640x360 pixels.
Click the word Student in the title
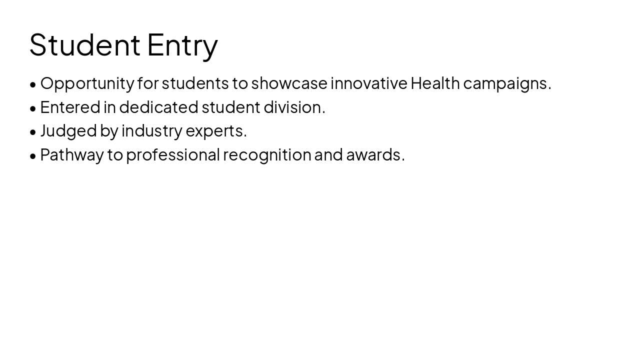[84, 44]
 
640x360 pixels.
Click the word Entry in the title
[182, 45]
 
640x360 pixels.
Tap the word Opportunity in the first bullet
[87, 83]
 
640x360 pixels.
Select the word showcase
[289, 83]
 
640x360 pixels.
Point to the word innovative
[369, 83]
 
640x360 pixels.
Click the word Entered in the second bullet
[70, 107]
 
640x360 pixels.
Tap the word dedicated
[158, 107]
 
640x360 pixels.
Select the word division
[294, 107]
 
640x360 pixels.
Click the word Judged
[68, 131]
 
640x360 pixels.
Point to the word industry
[152, 131]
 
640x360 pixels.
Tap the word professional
[172, 155]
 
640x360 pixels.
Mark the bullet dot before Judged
[33, 132]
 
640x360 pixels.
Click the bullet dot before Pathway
[33, 156]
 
